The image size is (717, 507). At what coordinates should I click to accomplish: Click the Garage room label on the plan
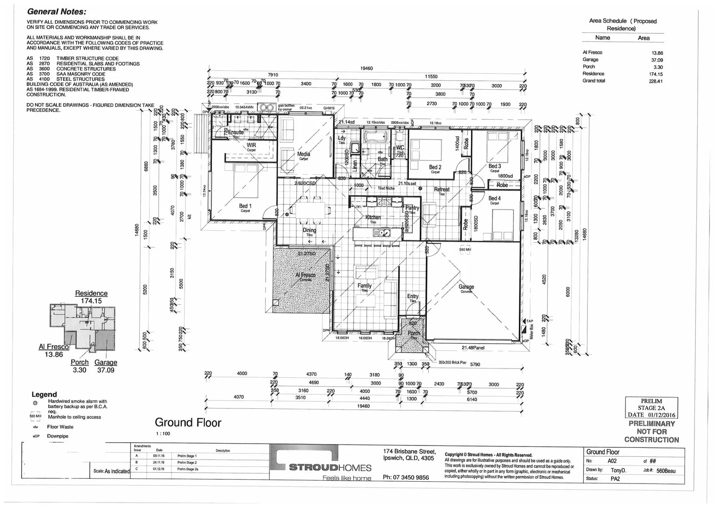click(x=466, y=287)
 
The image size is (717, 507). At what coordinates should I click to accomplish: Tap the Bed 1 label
click(x=245, y=206)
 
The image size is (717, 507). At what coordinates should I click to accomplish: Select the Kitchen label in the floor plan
click(x=373, y=217)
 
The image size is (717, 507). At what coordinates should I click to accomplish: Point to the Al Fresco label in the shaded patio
click(x=306, y=275)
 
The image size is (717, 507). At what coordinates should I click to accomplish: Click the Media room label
click(x=303, y=154)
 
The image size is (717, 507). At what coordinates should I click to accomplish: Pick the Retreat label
click(x=441, y=190)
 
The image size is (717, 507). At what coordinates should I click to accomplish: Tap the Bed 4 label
click(x=494, y=199)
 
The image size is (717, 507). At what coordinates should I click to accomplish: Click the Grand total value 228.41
click(x=656, y=81)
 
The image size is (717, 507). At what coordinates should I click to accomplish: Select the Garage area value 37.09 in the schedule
click(x=657, y=60)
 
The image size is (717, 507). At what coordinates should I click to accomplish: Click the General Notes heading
click(x=56, y=12)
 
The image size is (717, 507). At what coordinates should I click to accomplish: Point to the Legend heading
click(x=44, y=394)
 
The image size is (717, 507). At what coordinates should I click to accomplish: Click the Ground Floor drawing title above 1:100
click(x=188, y=422)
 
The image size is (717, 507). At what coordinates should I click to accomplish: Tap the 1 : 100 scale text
click(x=163, y=434)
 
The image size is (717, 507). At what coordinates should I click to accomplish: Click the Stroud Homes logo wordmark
click(x=330, y=468)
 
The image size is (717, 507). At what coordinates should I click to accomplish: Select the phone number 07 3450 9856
click(x=406, y=477)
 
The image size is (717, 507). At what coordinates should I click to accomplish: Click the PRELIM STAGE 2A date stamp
click(x=651, y=408)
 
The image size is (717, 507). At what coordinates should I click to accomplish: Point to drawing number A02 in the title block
click(x=612, y=461)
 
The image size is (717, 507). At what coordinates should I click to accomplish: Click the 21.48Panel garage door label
click(x=473, y=348)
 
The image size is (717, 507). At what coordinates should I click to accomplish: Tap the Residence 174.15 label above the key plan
click(x=91, y=297)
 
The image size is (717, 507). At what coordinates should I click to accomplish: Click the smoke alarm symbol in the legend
click(x=35, y=403)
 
